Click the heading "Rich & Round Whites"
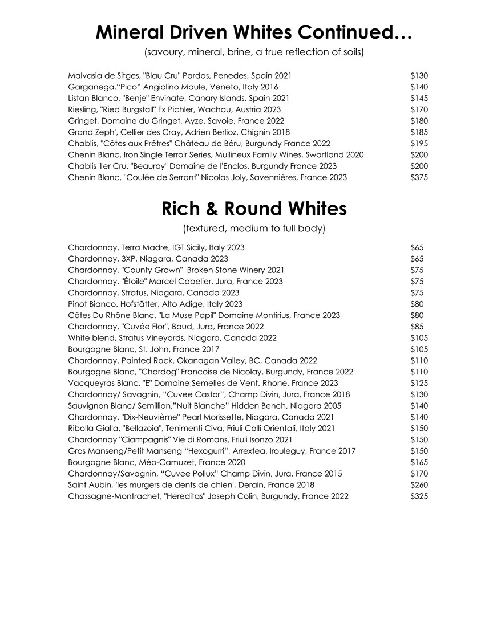[x=254, y=209]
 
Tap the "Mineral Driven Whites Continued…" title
[x=253, y=32]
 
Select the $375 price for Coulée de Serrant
[x=419, y=177]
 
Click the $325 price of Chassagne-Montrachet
[x=419, y=496]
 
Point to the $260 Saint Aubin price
[x=419, y=484]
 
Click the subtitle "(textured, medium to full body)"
[x=254, y=229]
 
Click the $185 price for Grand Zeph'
[x=419, y=132]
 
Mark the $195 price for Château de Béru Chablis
[x=419, y=144]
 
